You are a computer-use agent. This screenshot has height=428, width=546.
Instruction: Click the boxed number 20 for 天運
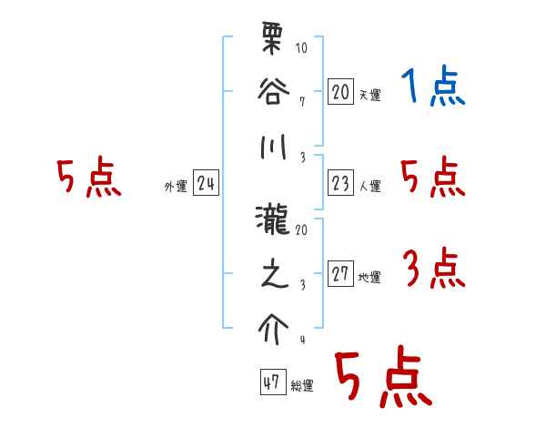pyautogui.click(x=340, y=92)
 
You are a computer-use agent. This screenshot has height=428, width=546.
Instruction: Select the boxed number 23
pyautogui.click(x=340, y=184)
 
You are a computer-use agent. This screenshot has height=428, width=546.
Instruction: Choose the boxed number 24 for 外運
pyautogui.click(x=206, y=184)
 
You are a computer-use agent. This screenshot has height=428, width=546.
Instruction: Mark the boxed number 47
pyautogui.click(x=272, y=382)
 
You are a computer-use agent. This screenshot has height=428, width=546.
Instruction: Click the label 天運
pyautogui.click(x=369, y=95)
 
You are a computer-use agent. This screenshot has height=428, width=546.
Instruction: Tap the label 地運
pyautogui.click(x=369, y=278)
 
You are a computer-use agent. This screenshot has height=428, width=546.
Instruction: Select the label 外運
pyautogui.click(x=175, y=187)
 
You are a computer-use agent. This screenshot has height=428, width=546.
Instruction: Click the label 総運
pyautogui.click(x=302, y=385)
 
